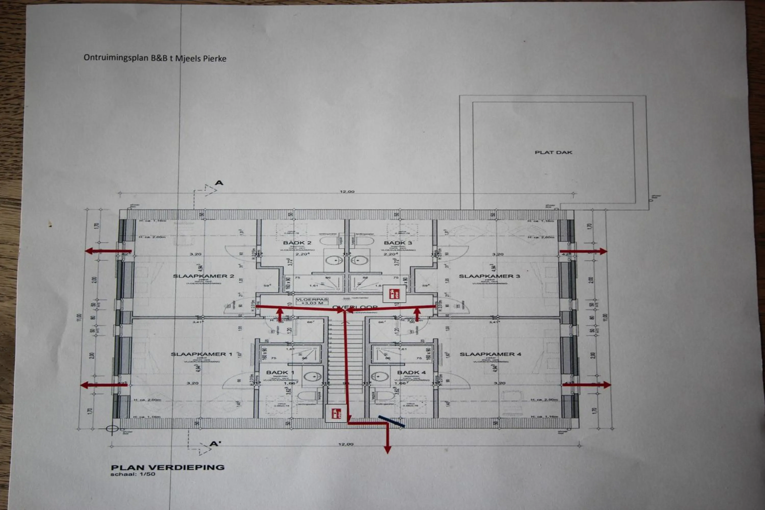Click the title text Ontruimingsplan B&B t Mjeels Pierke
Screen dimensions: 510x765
(155, 58)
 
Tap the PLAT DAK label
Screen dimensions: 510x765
(553, 152)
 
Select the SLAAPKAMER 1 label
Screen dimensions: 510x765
(201, 354)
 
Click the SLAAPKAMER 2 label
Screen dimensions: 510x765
(203, 276)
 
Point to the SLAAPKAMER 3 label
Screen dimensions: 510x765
(489, 276)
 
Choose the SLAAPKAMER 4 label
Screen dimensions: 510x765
(490, 354)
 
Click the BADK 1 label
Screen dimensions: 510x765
(280, 372)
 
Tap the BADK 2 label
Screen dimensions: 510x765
(297, 243)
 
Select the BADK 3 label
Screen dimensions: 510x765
(398, 243)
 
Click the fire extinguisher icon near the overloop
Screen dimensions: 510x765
(394, 294)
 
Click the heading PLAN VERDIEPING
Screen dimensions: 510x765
(168, 468)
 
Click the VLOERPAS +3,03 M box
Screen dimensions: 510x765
(312, 301)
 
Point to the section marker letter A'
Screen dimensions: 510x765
(215, 443)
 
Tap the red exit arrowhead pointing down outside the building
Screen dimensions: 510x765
(387, 450)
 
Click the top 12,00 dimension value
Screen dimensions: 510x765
(347, 192)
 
